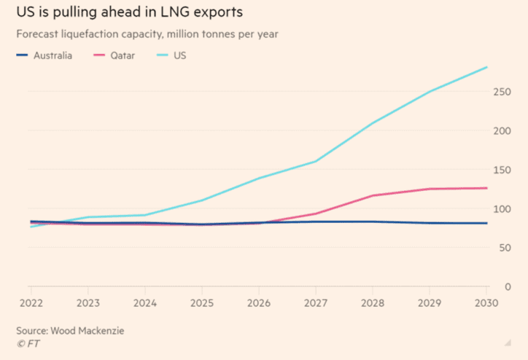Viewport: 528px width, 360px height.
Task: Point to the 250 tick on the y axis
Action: point(500,92)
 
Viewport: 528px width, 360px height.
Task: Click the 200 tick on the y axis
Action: point(500,131)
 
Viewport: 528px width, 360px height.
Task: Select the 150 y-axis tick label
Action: point(500,170)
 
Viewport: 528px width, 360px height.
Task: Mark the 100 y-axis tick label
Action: point(500,209)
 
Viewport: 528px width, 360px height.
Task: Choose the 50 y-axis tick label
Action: point(502,248)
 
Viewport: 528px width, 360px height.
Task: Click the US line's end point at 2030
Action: point(487,68)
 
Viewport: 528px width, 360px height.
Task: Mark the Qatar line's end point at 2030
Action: point(487,188)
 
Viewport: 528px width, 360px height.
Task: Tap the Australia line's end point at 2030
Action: point(487,223)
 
